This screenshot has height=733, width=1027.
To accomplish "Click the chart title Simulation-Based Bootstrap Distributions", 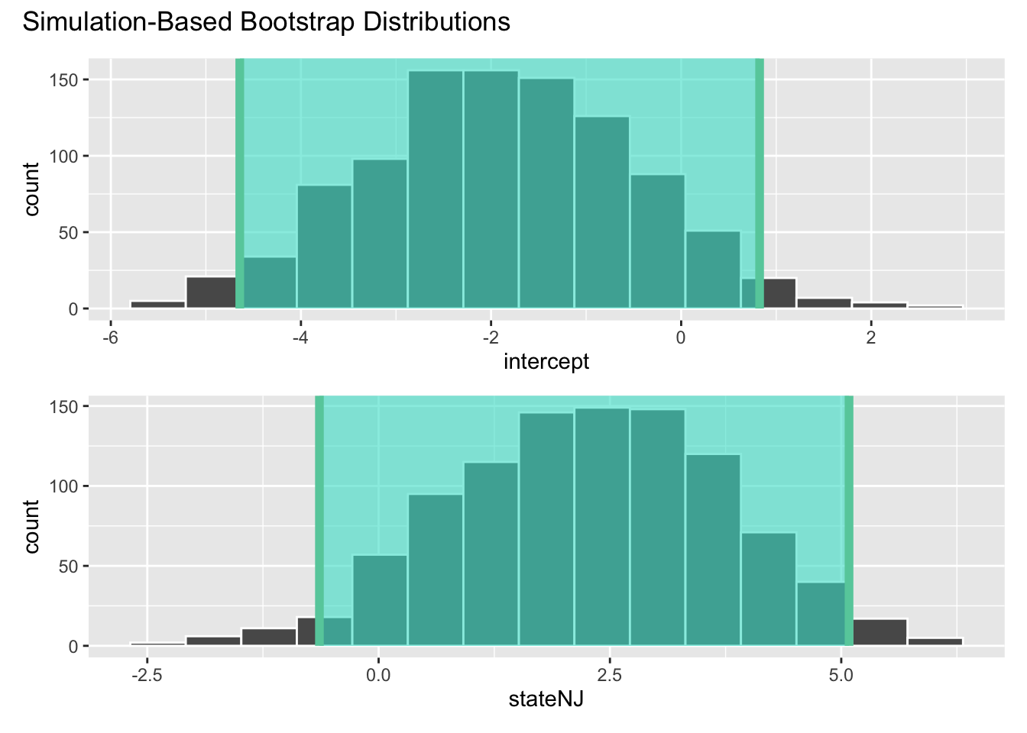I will (266, 21).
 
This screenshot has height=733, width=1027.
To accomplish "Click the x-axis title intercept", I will (546, 361).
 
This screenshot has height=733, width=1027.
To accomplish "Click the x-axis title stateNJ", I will (546, 699).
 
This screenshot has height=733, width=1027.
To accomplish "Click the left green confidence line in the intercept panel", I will (239, 183).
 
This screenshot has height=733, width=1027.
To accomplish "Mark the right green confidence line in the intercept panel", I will (760, 183).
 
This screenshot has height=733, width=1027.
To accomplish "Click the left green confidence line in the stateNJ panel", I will (319, 519).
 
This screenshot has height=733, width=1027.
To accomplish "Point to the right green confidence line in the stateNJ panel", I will (848, 519).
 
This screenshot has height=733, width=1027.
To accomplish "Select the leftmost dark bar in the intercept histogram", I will (157, 305).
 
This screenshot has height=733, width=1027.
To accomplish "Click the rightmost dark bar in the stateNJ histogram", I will (935, 641).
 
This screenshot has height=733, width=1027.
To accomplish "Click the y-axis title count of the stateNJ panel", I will (31, 526).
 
